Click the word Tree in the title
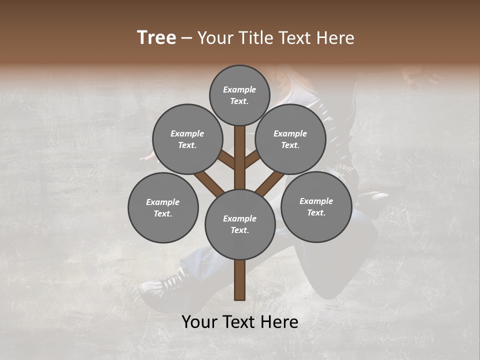click(156, 38)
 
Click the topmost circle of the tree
click(239, 95)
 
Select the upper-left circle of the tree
click(187, 139)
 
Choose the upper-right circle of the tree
click(290, 139)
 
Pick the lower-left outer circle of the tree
click(163, 207)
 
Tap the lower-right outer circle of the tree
click(316, 206)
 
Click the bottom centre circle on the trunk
click(239, 224)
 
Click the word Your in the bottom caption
click(199, 322)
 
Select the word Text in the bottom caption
click(238, 322)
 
